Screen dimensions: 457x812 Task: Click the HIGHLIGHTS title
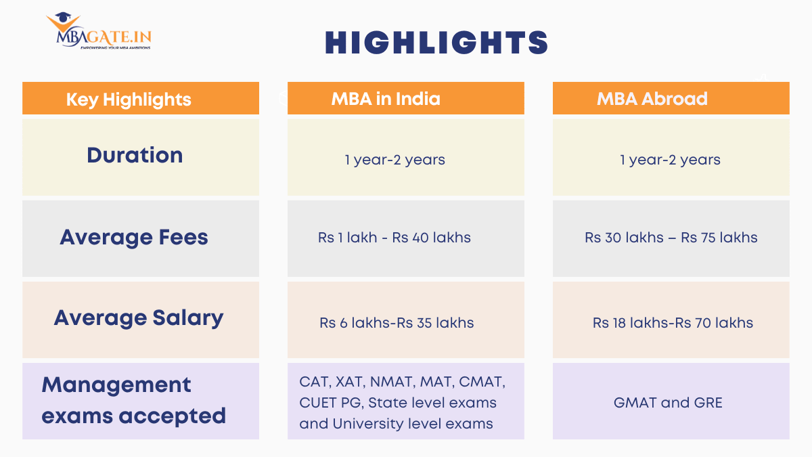tap(436, 43)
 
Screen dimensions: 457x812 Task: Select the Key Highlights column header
tap(129, 100)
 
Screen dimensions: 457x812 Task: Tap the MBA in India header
tap(386, 99)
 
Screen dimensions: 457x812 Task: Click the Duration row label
tap(135, 155)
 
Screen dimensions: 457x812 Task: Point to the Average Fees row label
tap(134, 237)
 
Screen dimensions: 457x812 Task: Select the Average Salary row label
tap(139, 318)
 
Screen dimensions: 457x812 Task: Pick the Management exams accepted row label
tap(133, 400)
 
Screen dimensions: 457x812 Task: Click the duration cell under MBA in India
tap(394, 160)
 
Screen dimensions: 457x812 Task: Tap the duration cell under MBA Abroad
tap(670, 160)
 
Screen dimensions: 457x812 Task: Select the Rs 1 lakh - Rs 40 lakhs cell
tap(394, 238)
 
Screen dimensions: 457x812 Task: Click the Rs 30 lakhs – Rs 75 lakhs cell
tap(671, 238)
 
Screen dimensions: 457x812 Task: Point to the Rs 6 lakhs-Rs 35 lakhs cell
tap(397, 323)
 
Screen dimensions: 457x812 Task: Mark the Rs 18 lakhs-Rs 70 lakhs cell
tap(673, 323)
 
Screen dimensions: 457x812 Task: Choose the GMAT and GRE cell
tap(668, 403)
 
